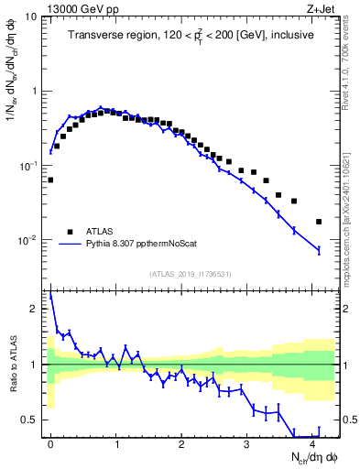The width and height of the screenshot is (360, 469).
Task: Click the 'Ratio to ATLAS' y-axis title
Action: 13,365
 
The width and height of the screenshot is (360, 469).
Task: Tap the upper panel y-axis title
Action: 13,87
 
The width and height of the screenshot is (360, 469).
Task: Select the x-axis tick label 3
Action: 246,443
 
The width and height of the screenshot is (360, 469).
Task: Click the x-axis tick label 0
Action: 50,443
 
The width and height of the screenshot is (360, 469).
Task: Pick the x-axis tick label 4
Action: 312,443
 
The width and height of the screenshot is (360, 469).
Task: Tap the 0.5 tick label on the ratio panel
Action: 30,420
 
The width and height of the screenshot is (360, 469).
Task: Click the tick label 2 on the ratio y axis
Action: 35,309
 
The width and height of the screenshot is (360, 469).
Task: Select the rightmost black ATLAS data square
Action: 319,222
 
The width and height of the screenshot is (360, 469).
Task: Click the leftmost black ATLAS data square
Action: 50,180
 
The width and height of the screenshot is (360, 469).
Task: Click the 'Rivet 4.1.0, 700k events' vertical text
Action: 349,60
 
